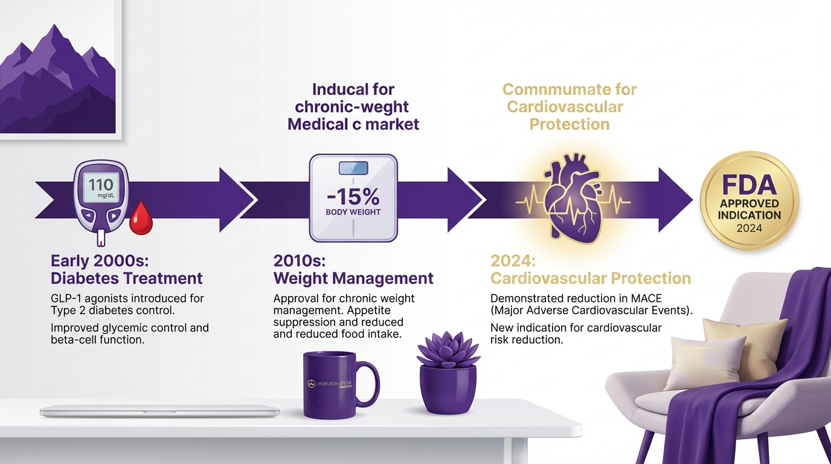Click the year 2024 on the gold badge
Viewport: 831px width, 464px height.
(749, 228)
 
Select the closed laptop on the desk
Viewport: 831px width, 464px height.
(159, 411)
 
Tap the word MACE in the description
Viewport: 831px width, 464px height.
(649, 298)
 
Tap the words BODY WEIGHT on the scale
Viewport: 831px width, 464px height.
(353, 213)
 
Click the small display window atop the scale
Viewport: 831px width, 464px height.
(353, 168)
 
